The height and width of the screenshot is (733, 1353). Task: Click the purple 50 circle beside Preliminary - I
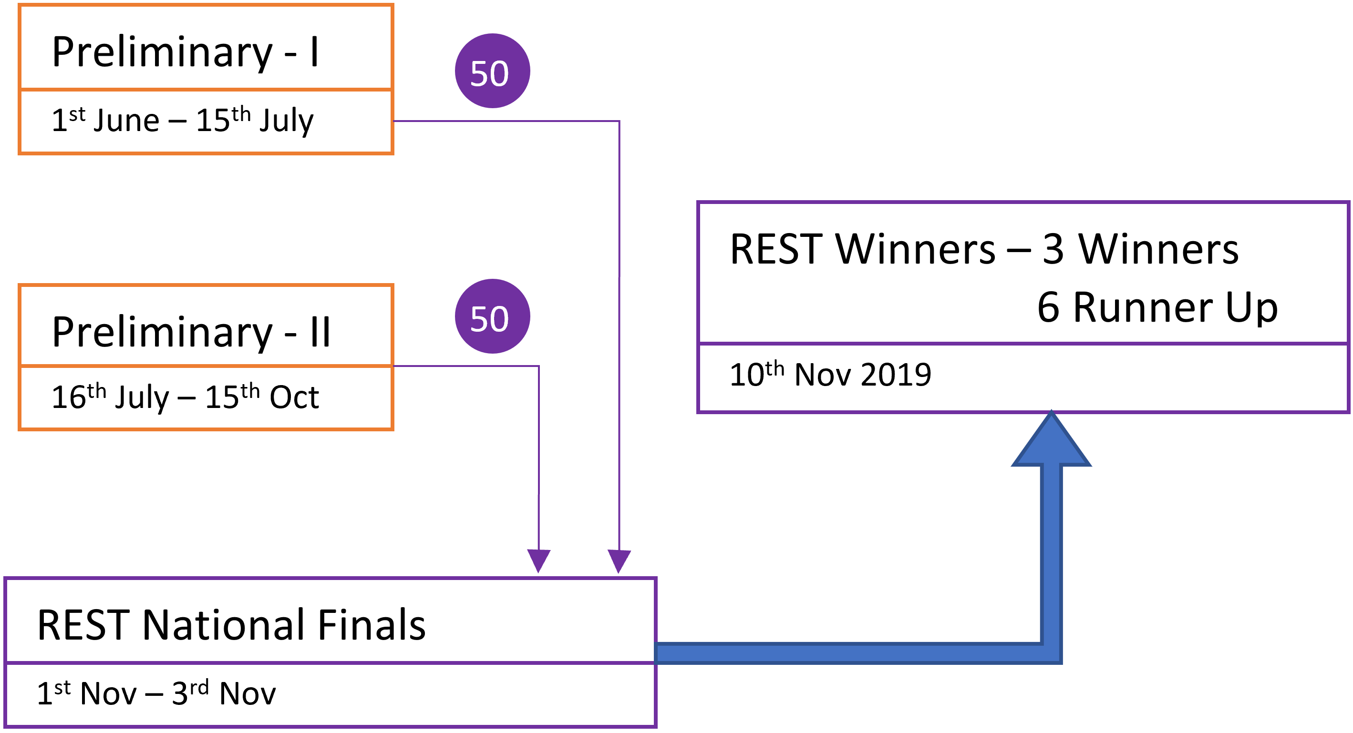click(x=492, y=71)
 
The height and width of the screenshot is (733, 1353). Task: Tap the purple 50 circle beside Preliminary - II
click(x=492, y=316)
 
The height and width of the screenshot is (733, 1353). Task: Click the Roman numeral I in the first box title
click(x=314, y=52)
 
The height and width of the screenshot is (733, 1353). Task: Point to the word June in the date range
click(x=126, y=120)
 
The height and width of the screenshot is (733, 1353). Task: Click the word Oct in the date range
click(x=294, y=397)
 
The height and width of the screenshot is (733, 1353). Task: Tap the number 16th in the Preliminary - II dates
click(x=79, y=396)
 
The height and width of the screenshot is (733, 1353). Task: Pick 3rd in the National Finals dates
click(x=190, y=692)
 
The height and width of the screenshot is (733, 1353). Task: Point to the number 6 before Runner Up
click(x=1048, y=307)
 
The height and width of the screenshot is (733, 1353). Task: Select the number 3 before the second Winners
click(x=1053, y=249)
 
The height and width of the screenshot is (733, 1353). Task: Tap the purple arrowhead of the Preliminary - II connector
click(x=538, y=561)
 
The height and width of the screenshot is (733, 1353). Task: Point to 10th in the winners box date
click(x=757, y=374)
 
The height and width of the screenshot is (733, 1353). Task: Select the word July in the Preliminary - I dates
click(x=286, y=121)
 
